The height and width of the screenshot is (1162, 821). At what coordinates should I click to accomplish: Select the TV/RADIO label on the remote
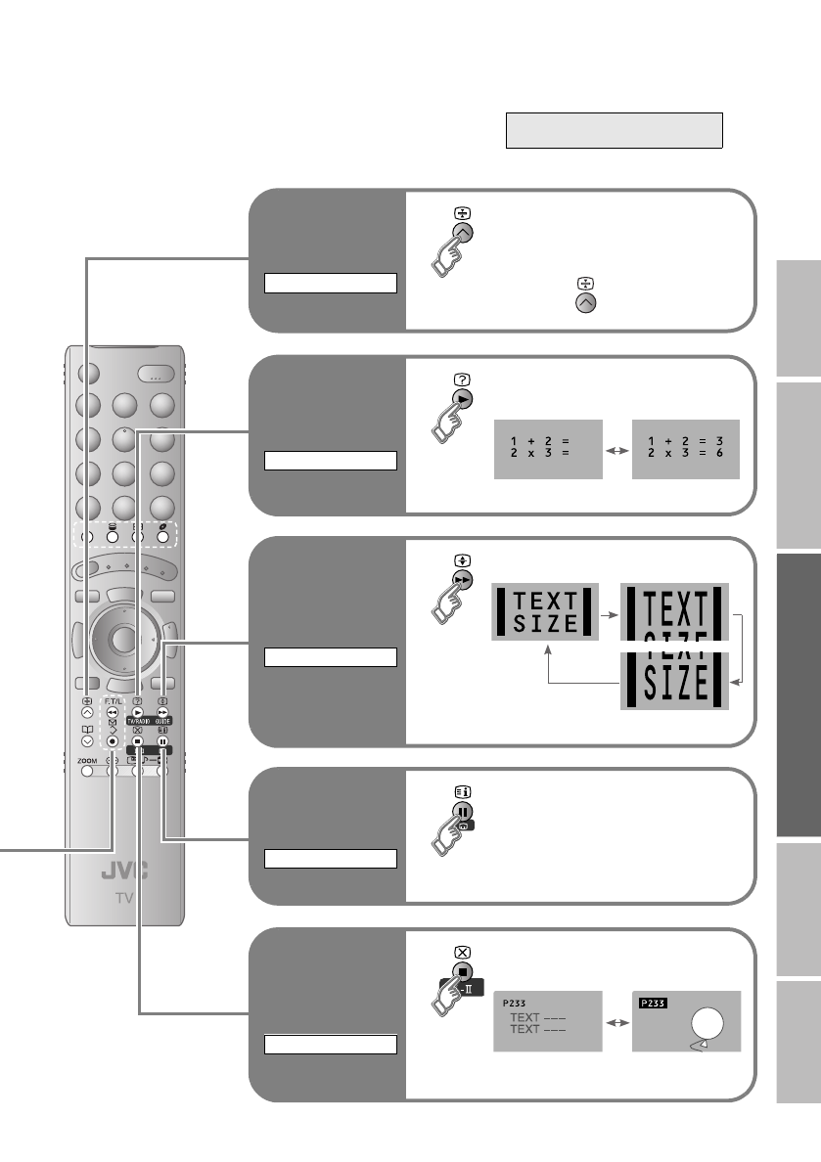[137, 719]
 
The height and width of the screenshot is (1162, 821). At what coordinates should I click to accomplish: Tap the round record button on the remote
[113, 741]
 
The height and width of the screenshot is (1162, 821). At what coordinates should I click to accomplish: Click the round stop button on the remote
[137, 741]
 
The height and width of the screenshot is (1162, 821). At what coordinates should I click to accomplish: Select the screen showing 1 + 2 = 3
[685, 451]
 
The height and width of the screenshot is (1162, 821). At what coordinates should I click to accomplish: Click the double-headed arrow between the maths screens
[616, 452]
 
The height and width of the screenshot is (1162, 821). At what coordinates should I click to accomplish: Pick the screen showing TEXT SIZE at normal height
[546, 610]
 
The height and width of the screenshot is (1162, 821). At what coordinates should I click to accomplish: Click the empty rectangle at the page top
[614, 130]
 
